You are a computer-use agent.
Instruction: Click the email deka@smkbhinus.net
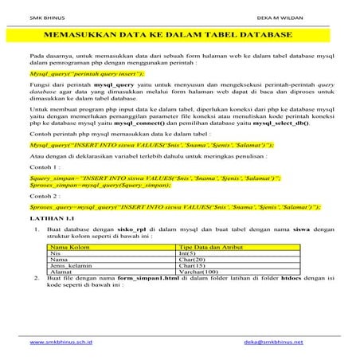pos(274,341)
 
